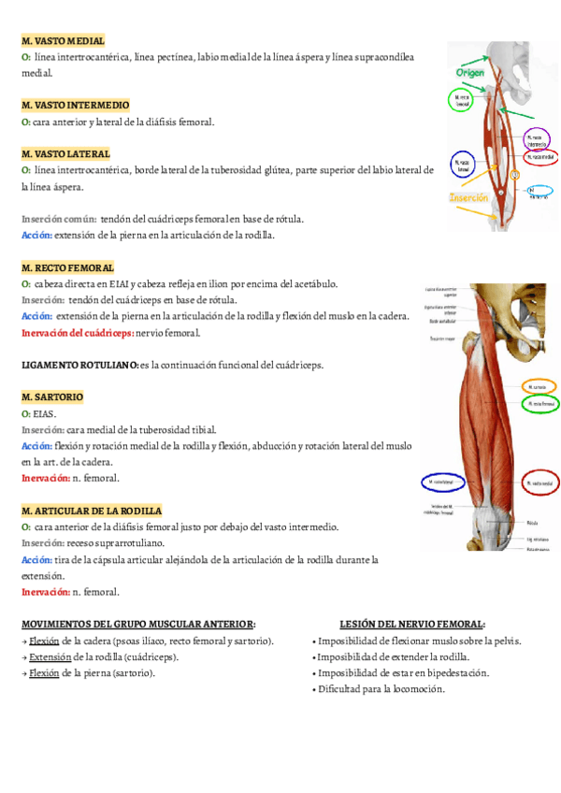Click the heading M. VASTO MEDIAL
(63, 41)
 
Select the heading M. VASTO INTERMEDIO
(75, 105)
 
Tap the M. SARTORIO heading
(52, 396)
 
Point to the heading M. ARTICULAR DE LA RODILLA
(92, 511)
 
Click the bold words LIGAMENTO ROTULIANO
(79, 365)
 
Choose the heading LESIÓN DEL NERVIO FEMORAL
(412, 624)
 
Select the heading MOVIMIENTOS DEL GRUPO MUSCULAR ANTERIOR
(138, 624)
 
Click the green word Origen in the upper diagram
(469, 71)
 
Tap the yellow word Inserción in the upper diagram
(469, 198)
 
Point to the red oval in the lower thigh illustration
(539, 483)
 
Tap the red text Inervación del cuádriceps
(78, 333)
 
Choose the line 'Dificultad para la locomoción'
(381, 688)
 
